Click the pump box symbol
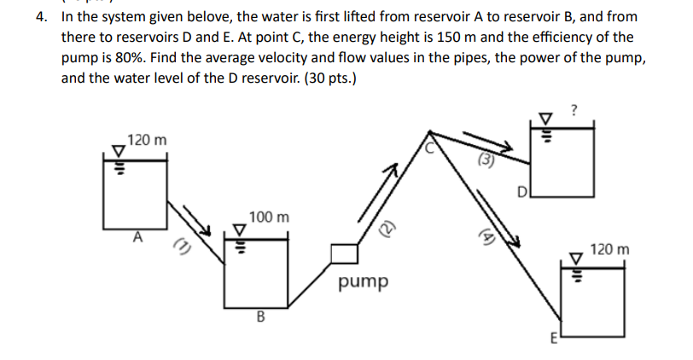343,253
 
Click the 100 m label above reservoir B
269,218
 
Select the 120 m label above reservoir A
147,138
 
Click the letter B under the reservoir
259,318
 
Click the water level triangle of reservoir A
119,148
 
